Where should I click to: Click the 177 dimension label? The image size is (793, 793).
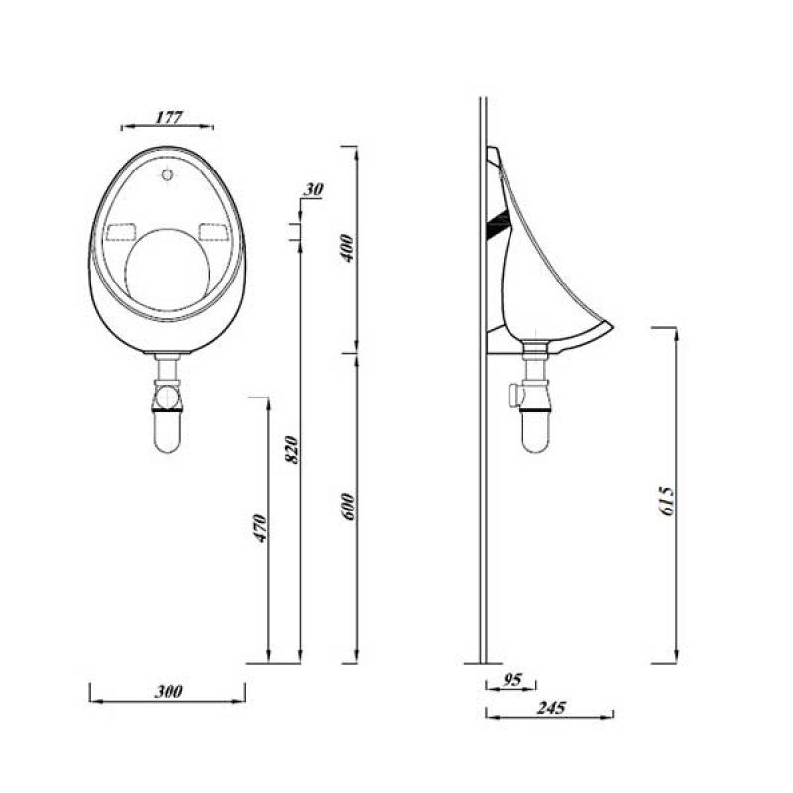(x=169, y=116)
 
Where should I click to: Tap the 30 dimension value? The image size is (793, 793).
(x=315, y=189)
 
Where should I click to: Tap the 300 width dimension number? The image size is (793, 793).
(x=169, y=692)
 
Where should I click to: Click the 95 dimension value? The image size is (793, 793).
(x=512, y=680)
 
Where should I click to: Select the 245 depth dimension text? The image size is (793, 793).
(x=551, y=708)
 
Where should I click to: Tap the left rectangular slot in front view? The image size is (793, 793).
(x=120, y=232)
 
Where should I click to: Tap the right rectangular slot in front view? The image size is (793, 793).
(x=213, y=232)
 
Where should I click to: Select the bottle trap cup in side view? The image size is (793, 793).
(x=535, y=431)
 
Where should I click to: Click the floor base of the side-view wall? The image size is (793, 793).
(x=483, y=661)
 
